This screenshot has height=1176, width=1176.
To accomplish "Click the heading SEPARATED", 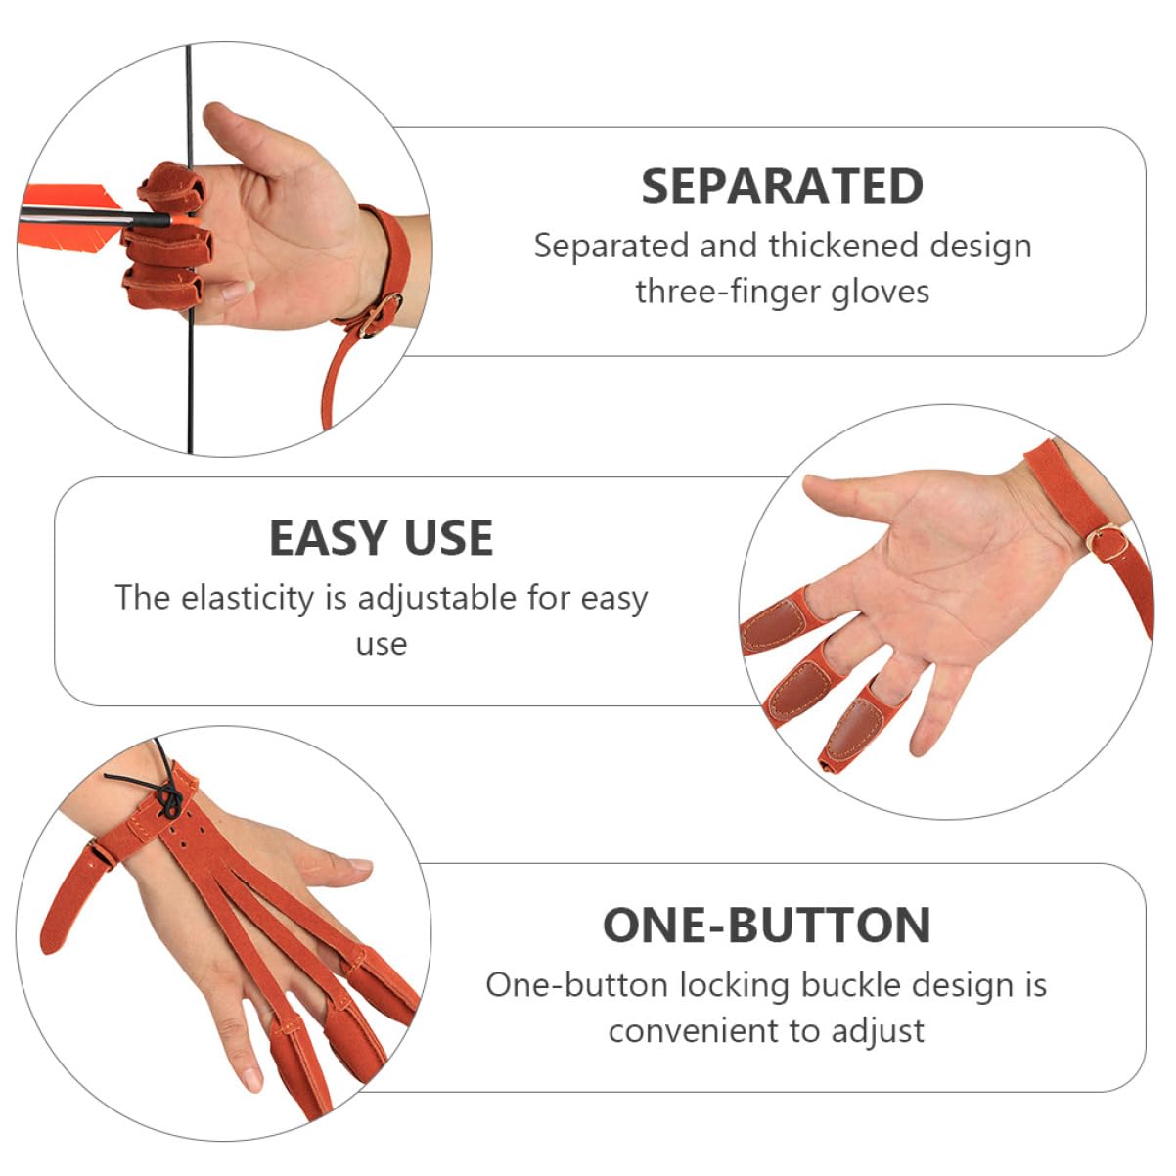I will [782, 186].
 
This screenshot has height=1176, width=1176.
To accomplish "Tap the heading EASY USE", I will [381, 538].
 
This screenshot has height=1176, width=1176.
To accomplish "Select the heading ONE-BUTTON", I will [766, 926].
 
